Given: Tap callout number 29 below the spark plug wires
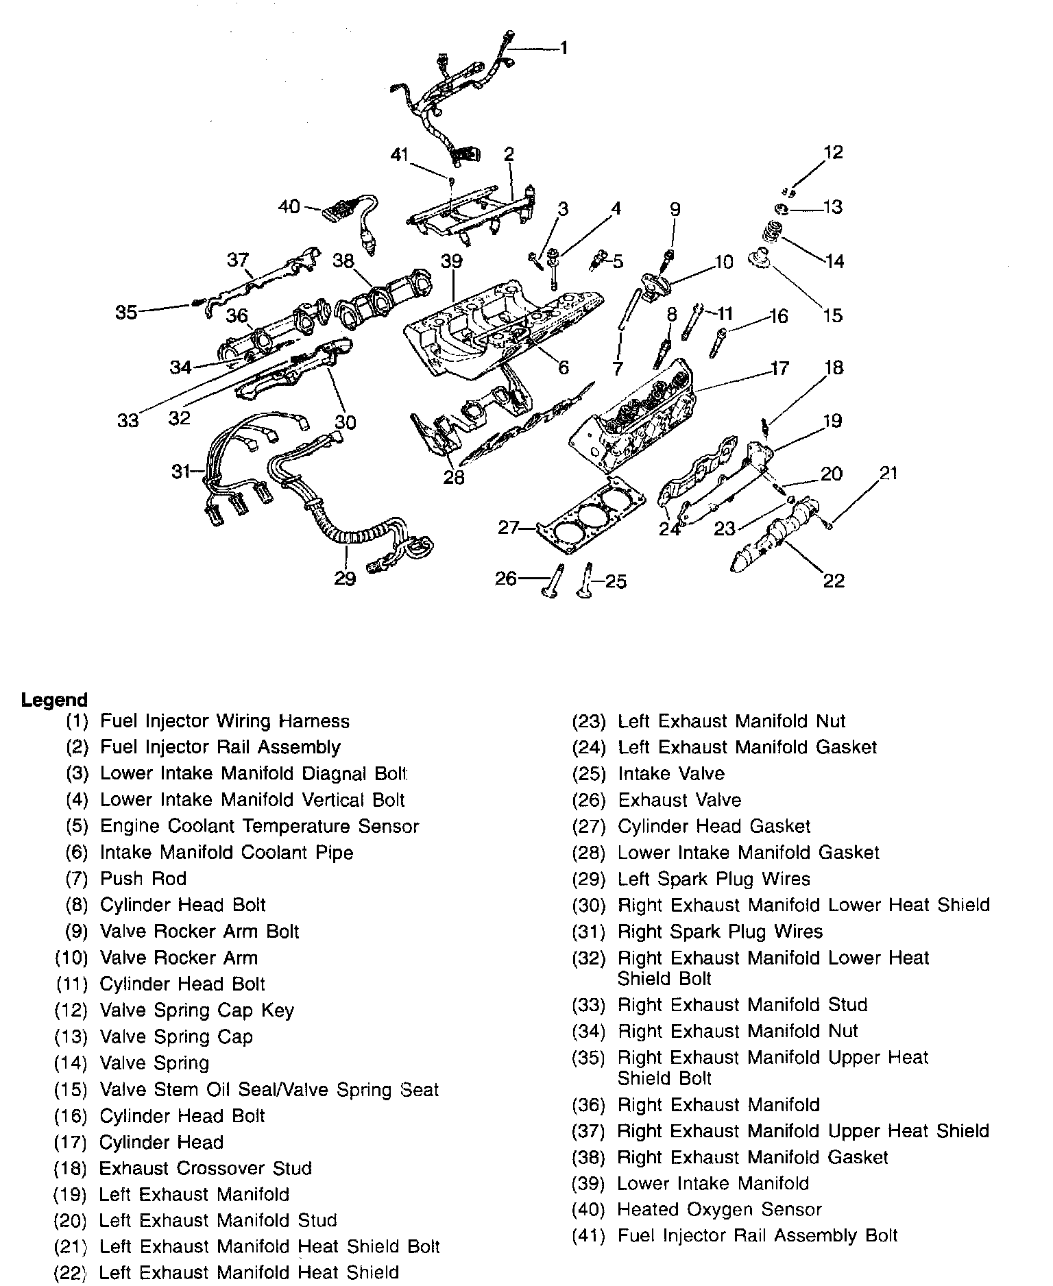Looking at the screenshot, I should pyautogui.click(x=345, y=578).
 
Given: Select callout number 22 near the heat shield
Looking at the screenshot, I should pyautogui.click(x=834, y=581).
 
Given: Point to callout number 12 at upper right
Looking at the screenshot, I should pyautogui.click(x=833, y=151).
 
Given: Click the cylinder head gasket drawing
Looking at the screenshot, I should pyautogui.click(x=591, y=514).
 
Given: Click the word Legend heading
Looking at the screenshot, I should pyautogui.click(x=55, y=700).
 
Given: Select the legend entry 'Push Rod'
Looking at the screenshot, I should pyautogui.click(x=143, y=878).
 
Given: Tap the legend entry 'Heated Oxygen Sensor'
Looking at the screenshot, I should pyautogui.click(x=720, y=1210).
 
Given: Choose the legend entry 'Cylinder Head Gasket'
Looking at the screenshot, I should pyautogui.click(x=714, y=826).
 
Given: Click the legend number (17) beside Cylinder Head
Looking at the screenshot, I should pyautogui.click(x=71, y=1142).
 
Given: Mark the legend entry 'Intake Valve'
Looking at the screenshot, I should pyautogui.click(x=671, y=773).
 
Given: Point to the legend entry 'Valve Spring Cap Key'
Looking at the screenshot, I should pyautogui.click(x=197, y=1010).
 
